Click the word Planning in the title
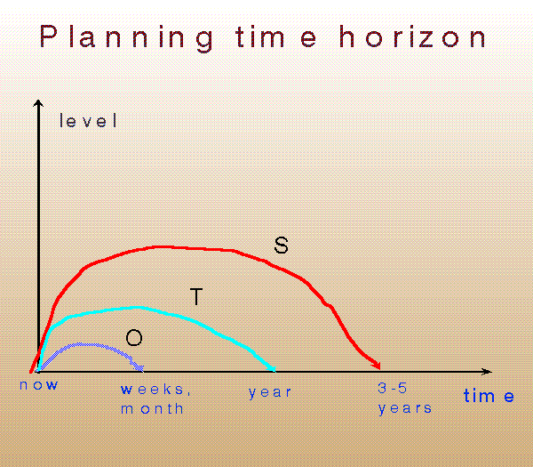(x=126, y=37)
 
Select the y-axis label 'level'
(x=88, y=122)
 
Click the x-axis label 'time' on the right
(x=489, y=396)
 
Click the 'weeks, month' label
(x=155, y=399)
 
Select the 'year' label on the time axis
(x=270, y=391)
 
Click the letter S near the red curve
(x=281, y=246)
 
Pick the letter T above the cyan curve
(x=197, y=297)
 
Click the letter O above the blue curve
(x=133, y=337)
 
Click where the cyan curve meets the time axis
(x=276, y=369)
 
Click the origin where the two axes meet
(x=37, y=370)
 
